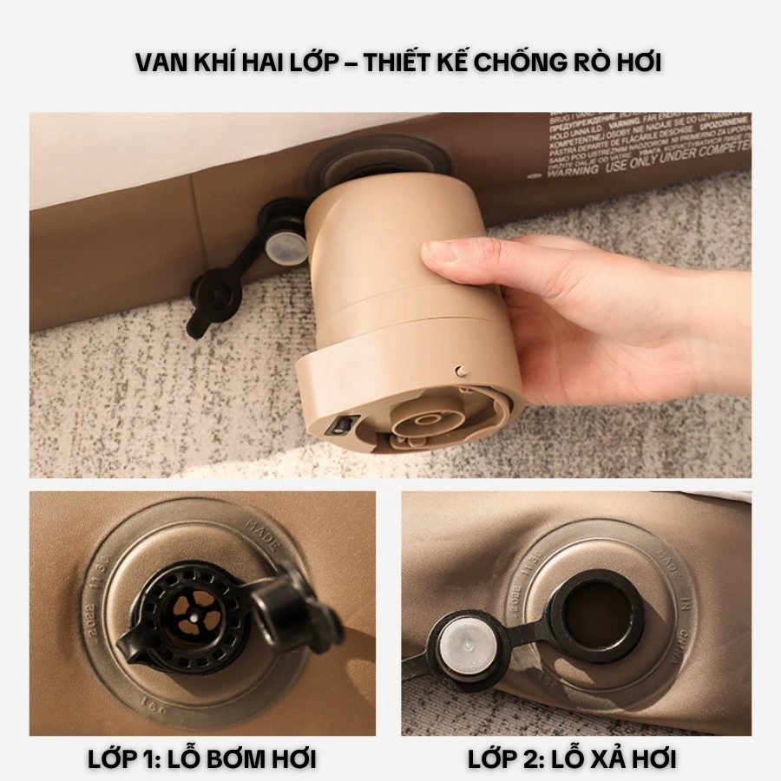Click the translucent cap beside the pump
tap(287, 247)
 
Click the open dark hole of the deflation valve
tap(598, 615)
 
